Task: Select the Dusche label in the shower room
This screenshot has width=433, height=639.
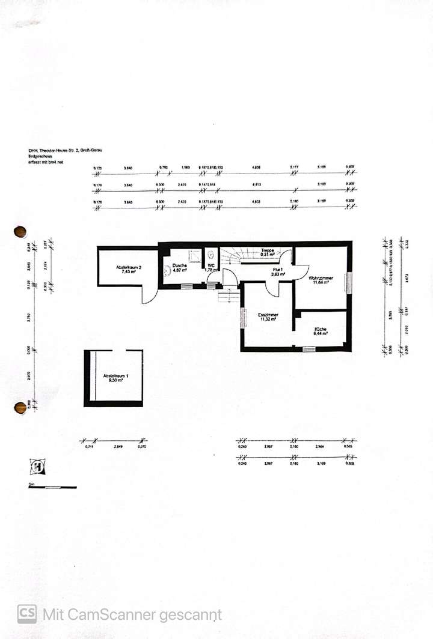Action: (180, 265)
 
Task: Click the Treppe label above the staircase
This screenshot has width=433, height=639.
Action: (268, 250)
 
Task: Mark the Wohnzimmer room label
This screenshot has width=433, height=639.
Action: (321, 278)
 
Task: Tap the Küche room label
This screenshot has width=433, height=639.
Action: (320, 329)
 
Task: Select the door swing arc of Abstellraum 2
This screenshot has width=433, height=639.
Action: (148, 294)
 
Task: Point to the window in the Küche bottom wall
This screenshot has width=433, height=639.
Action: (319, 349)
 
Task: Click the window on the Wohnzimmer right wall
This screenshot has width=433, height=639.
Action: (346, 282)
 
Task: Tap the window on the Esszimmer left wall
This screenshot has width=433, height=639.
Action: (242, 318)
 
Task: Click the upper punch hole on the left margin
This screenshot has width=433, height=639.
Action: (20, 232)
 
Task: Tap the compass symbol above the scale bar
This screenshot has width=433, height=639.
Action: (35, 467)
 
